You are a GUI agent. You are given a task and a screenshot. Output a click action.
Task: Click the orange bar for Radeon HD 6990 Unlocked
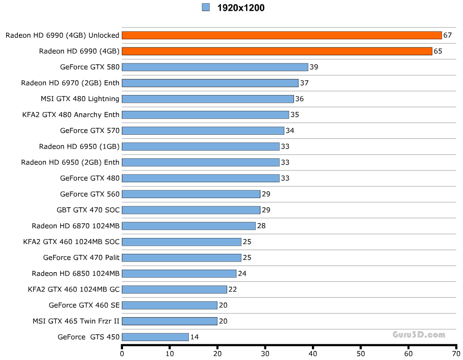(x=282, y=35)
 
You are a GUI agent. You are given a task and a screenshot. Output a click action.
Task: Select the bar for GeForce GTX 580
(x=215, y=67)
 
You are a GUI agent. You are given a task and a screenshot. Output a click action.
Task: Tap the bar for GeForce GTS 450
(x=155, y=337)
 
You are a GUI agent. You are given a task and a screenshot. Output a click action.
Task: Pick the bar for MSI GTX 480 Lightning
(x=208, y=99)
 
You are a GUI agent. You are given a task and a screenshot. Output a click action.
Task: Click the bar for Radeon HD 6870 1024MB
(x=188, y=226)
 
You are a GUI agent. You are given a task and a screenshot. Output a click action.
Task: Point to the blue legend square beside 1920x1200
(x=206, y=7)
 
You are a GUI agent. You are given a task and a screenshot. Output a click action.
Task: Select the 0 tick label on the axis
(x=122, y=353)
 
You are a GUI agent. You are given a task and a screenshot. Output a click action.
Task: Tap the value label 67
(x=448, y=35)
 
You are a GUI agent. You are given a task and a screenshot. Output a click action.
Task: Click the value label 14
(x=194, y=337)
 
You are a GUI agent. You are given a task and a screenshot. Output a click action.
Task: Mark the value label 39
(x=314, y=67)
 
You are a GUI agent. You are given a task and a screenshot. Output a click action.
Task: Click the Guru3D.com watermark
(x=419, y=335)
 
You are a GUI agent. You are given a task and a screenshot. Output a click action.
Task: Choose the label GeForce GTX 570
(x=89, y=130)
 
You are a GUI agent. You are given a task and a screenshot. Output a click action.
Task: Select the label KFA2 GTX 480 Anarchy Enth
(x=71, y=114)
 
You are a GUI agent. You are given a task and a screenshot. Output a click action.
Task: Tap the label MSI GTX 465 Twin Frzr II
(x=76, y=321)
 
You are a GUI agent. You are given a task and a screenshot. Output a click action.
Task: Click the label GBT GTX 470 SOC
(x=88, y=210)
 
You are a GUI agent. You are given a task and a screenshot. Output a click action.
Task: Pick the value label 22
(x=233, y=290)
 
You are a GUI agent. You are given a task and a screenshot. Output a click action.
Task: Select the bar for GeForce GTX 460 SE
(x=169, y=305)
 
